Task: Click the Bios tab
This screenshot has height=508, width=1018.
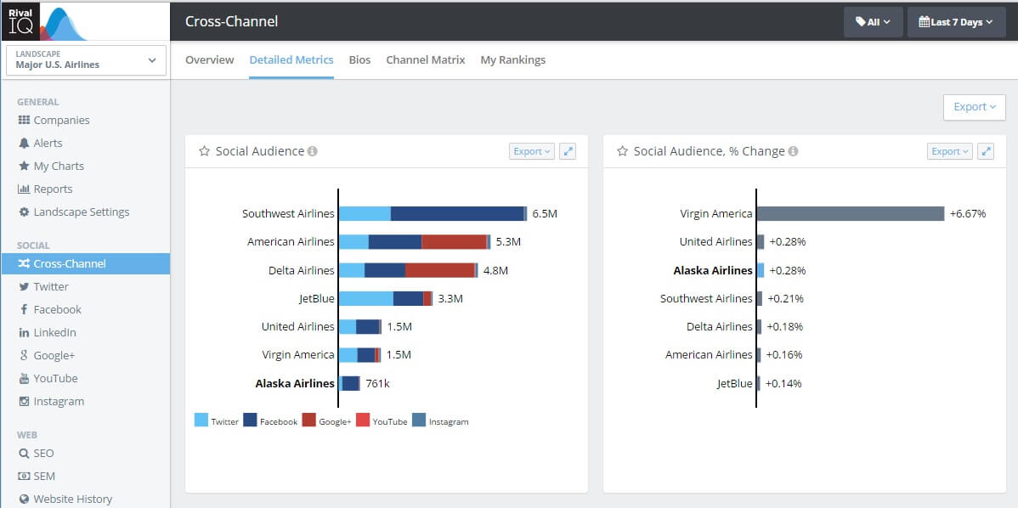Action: coord(359,60)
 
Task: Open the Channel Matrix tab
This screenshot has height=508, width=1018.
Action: coord(425,60)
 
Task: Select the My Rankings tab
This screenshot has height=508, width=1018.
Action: coord(512,60)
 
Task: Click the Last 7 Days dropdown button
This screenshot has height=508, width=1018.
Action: coord(956,22)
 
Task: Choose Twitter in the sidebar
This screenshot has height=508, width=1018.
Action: coord(51,287)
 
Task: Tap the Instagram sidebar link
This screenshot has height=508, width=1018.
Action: coord(58,402)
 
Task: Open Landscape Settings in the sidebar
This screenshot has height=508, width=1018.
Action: coord(81,212)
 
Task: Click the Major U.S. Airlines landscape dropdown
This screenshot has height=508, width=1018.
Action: coord(85,60)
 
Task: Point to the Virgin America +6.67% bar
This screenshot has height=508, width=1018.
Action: coord(850,214)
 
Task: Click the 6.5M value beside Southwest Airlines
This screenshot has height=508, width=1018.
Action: coord(545,214)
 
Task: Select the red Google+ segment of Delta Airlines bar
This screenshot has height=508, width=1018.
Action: coord(439,270)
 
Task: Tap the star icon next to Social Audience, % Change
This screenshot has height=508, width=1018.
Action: coord(622,151)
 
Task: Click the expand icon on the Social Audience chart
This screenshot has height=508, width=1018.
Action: coord(568,151)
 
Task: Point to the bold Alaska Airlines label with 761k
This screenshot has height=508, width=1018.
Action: coord(295,383)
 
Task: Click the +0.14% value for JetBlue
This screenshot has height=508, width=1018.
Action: coord(783,383)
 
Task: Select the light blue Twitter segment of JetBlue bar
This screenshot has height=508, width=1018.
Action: coord(365,298)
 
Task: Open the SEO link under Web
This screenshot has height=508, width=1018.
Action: coord(43,454)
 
